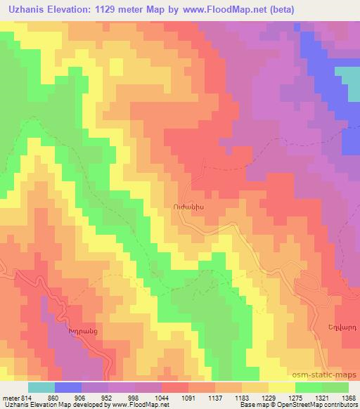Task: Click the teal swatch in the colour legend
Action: pos(41,387)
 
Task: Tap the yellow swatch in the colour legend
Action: pos(282,387)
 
